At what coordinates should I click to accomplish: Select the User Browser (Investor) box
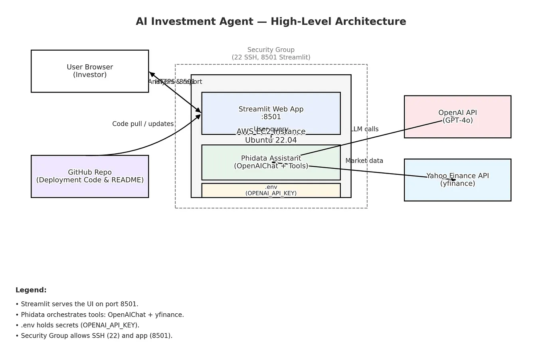click(90, 71)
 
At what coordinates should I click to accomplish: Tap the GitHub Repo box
click(90, 176)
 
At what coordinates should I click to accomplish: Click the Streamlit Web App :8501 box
click(271, 113)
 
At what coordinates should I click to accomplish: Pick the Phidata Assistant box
click(271, 162)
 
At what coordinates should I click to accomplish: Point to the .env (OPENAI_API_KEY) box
click(271, 190)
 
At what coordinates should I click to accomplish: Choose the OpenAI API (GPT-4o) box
click(457, 117)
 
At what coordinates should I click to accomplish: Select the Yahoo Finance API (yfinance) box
click(457, 180)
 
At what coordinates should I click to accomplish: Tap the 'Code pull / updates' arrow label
click(143, 124)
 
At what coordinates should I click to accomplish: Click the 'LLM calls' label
click(365, 129)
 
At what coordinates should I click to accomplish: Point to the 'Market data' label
click(364, 160)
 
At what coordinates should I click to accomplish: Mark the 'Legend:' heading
click(31, 290)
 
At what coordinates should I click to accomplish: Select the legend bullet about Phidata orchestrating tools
click(99, 315)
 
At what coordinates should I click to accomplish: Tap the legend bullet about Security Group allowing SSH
click(94, 336)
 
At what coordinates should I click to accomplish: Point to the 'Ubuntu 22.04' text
click(271, 140)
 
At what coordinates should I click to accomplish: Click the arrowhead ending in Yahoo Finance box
click(453, 180)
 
